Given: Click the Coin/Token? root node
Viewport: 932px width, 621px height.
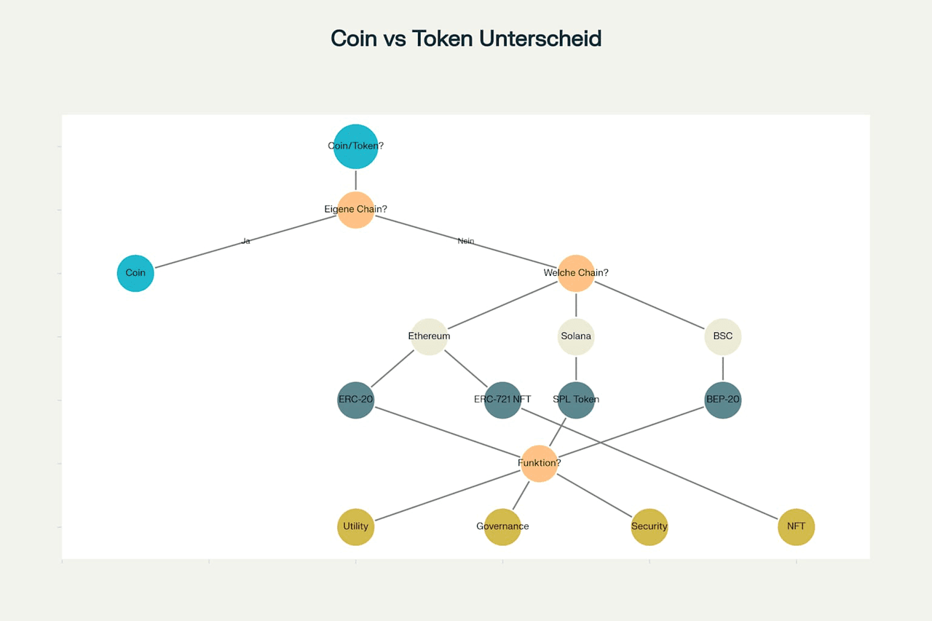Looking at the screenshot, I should click(355, 146).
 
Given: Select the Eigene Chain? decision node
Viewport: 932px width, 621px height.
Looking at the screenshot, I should click(355, 210).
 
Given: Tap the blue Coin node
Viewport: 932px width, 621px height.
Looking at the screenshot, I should click(135, 273).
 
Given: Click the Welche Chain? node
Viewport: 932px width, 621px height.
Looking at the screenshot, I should click(576, 273).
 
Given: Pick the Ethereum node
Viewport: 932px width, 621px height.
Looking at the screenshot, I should click(429, 336).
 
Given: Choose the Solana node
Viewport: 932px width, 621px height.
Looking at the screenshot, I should click(576, 336).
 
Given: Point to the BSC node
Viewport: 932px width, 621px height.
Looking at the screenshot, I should click(723, 336).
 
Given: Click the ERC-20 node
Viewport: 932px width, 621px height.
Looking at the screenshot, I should click(355, 400).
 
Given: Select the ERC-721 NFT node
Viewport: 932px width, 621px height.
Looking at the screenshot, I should click(502, 400).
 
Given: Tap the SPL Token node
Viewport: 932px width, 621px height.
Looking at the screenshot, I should click(576, 400).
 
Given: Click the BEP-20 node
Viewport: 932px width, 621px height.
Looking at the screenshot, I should click(723, 400).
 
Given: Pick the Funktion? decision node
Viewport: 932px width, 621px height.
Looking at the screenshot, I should click(540, 463).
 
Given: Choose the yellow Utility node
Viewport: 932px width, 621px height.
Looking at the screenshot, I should click(355, 526).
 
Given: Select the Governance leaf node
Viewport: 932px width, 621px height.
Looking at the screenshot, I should click(502, 526).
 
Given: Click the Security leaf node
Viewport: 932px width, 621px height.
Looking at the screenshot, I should click(649, 526).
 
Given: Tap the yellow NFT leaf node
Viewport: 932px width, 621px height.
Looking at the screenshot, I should click(796, 526).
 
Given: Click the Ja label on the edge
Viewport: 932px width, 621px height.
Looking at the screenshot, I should click(246, 241).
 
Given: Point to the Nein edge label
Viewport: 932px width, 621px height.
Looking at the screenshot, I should click(466, 241).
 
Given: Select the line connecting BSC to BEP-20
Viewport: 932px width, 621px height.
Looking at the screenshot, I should click(723, 368).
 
